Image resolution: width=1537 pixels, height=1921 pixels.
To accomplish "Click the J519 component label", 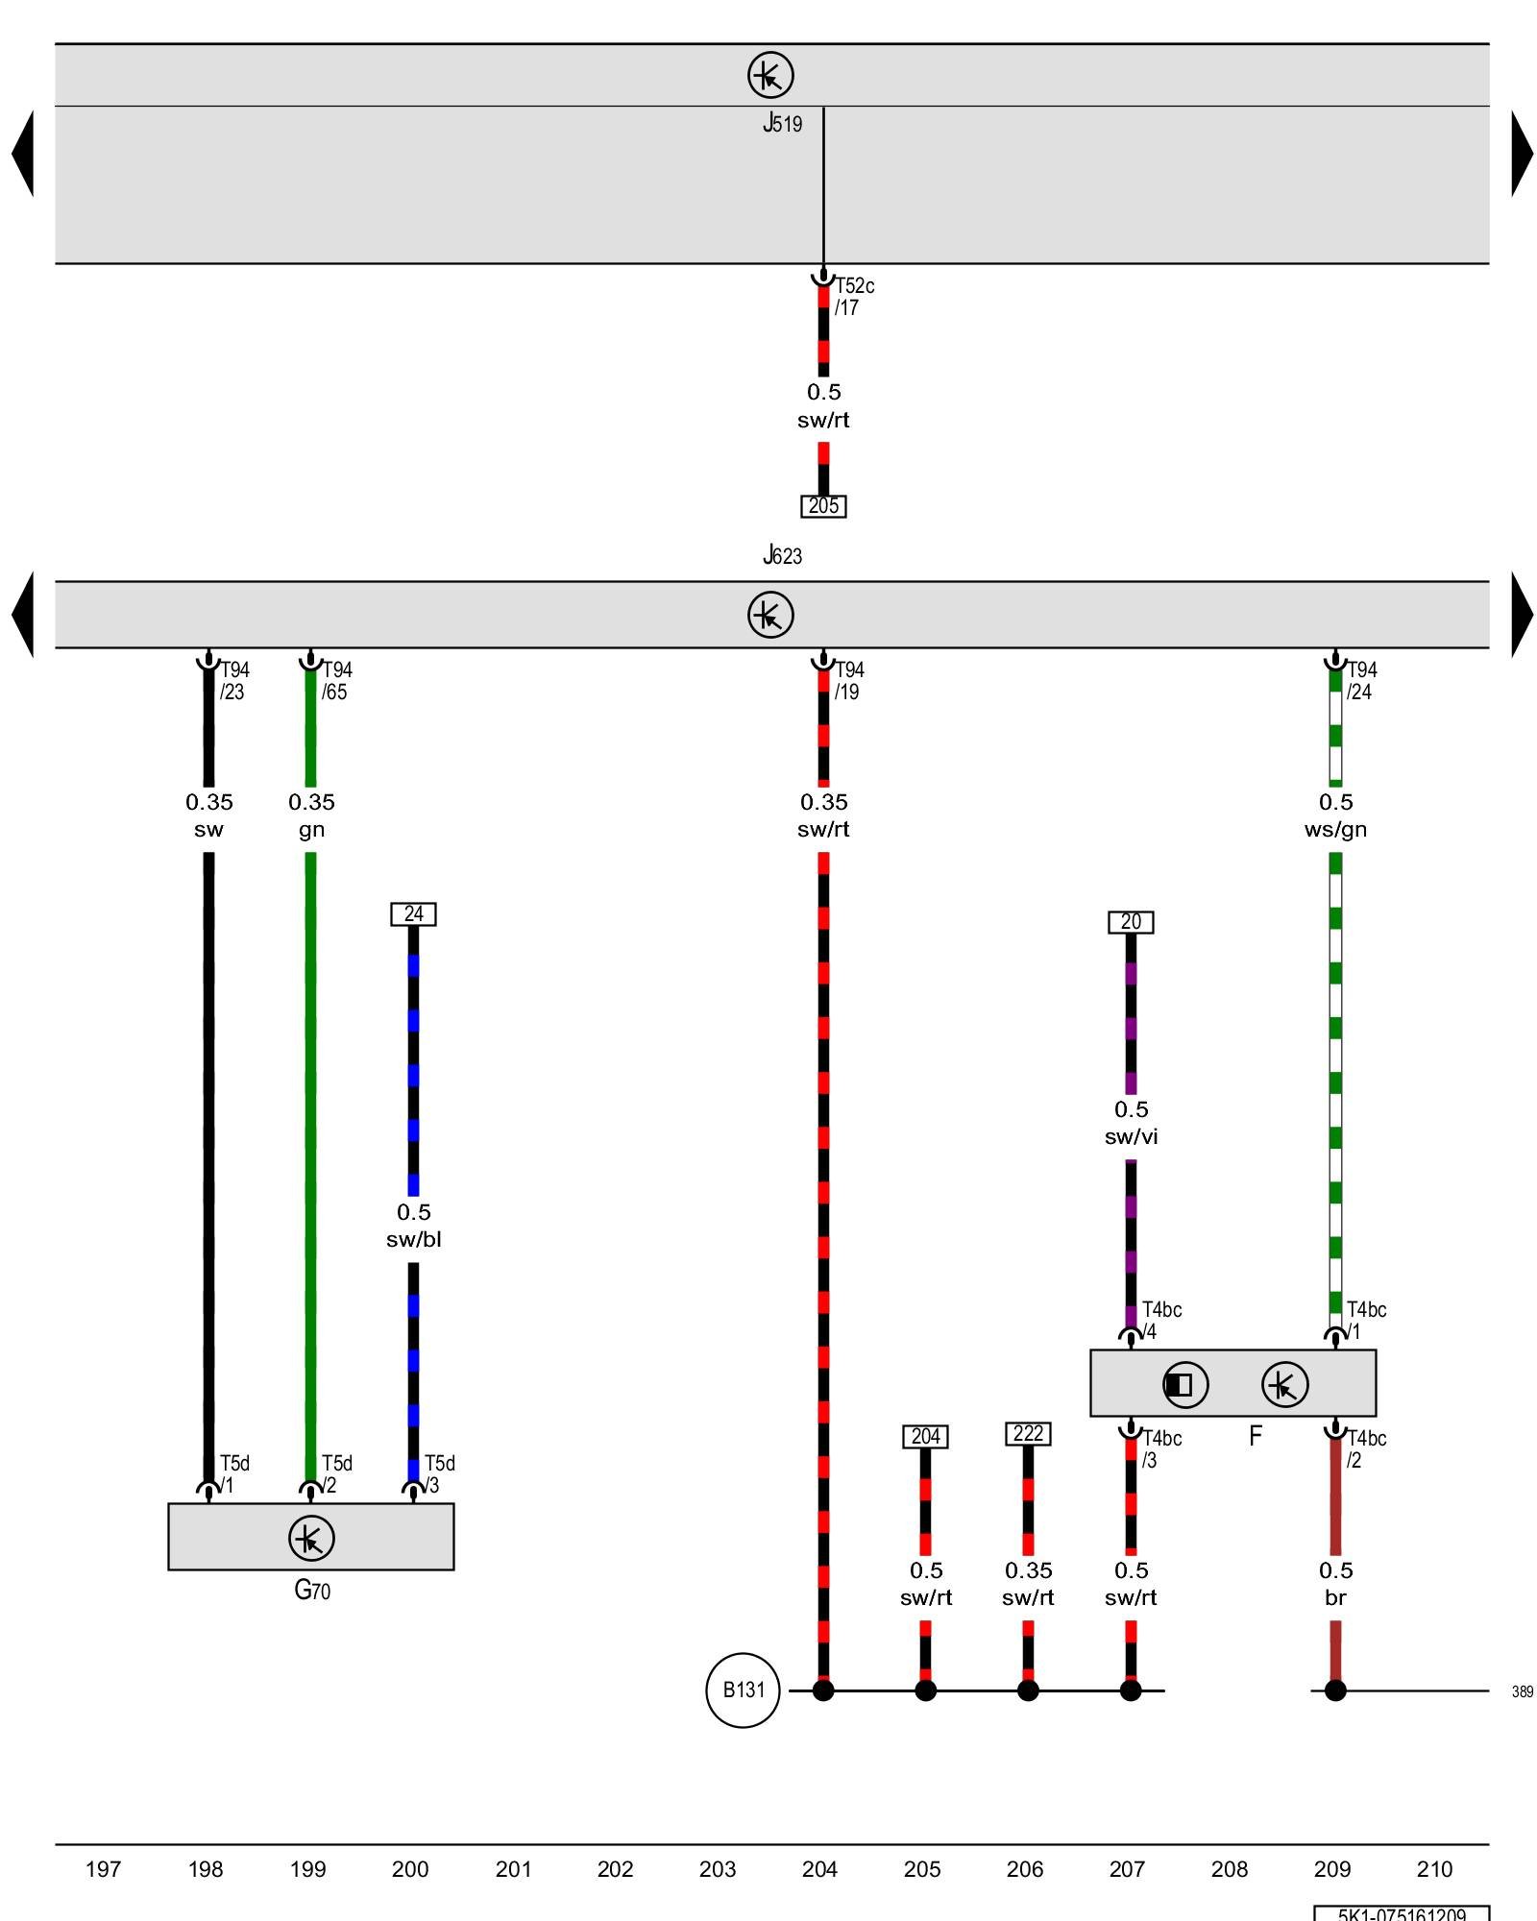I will (782, 123).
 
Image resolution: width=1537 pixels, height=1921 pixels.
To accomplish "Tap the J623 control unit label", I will (782, 555).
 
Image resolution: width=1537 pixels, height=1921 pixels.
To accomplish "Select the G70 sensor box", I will (311, 1537).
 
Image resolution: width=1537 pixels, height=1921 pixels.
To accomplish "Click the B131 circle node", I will (743, 1690).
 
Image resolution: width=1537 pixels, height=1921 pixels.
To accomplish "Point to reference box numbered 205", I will (823, 506).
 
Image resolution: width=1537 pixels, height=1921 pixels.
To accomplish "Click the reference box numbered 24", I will (413, 913).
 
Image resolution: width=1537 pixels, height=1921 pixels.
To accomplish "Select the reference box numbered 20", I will (1131, 922).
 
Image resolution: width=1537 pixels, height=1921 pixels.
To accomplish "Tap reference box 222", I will (1028, 1434).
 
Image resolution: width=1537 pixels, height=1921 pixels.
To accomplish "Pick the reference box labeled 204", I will (925, 1436).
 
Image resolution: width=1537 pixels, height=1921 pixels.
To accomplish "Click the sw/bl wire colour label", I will (413, 1239).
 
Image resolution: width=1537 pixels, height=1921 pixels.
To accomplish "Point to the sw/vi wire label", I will (1131, 1136).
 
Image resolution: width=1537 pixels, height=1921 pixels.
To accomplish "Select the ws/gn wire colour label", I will (1335, 829).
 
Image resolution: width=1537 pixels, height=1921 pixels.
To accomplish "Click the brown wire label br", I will (1335, 1597).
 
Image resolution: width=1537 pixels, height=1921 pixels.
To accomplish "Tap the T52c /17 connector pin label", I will (854, 296).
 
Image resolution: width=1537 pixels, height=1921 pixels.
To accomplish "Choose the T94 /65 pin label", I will (336, 680).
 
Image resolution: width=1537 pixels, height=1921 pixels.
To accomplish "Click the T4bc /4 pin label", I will (1160, 1320).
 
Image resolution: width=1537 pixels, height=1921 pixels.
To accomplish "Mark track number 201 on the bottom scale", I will (513, 1869).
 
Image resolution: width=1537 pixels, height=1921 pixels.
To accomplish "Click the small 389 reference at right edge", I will (1522, 1691).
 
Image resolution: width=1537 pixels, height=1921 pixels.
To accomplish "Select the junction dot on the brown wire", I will (1335, 1690).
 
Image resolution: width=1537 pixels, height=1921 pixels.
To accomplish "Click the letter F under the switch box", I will (1255, 1436).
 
